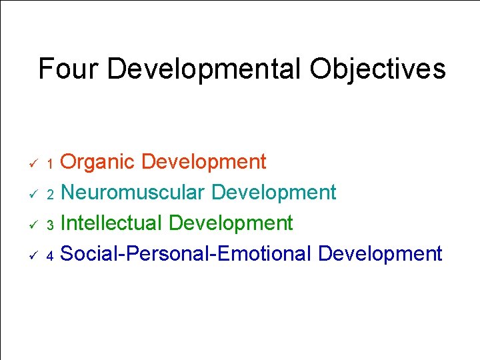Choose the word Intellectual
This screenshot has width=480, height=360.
tap(111, 223)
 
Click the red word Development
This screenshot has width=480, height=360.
tap(204, 162)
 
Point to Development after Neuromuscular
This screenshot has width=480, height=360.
tap(274, 193)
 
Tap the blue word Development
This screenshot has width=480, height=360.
tap(380, 253)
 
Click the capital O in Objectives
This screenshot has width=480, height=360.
tap(323, 69)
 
